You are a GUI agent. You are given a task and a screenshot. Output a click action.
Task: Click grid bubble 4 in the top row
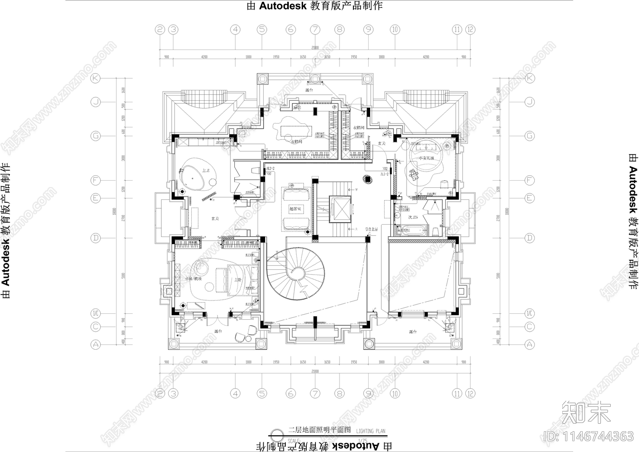click(236, 29)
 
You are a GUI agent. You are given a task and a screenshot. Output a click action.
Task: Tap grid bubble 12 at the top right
click(470, 29)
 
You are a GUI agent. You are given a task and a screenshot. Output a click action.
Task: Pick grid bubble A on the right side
click(529, 344)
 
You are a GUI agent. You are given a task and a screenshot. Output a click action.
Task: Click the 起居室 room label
click(296, 209)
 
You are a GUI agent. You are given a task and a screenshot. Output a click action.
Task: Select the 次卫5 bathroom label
click(413, 217)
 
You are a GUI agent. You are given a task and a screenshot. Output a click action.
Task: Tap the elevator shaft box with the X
click(339, 209)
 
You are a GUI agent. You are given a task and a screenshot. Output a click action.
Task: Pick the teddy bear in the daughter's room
click(413, 174)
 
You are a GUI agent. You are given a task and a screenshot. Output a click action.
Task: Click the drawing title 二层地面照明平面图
click(319, 430)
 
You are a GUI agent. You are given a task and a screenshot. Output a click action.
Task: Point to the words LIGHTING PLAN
click(371, 431)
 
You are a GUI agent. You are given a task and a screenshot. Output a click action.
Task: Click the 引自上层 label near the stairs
click(371, 229)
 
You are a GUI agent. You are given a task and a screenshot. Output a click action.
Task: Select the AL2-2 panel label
click(270, 169)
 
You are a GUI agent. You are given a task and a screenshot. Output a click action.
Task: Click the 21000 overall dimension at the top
click(315, 48)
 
